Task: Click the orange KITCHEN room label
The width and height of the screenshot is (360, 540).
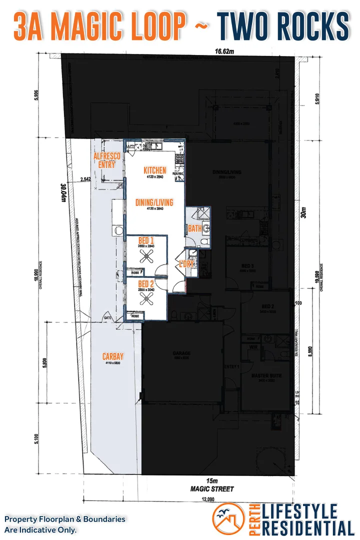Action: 154,170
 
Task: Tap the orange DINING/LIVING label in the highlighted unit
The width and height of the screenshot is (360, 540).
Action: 154,202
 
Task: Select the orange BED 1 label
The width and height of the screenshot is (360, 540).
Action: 146,240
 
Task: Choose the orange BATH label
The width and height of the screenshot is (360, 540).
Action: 194,228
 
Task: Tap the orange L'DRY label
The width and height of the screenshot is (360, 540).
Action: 186,264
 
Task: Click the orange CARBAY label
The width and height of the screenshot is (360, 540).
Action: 113,356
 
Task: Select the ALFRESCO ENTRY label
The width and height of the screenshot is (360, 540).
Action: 107,160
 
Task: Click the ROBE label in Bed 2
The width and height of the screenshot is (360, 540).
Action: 135,316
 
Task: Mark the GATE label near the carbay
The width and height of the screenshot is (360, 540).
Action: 107,318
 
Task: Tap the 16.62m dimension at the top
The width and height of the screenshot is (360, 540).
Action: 224,51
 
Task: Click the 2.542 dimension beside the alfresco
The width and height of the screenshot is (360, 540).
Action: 85,178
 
